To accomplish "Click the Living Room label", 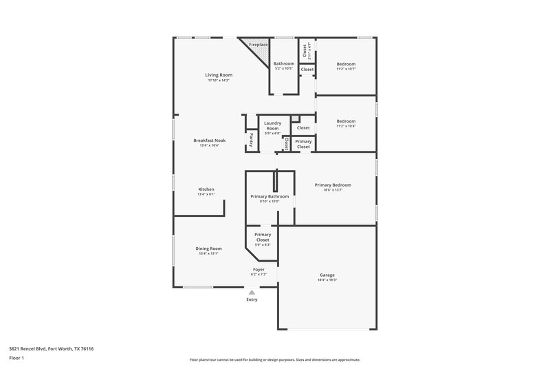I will (x=219, y=75).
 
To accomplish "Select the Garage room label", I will (x=327, y=275).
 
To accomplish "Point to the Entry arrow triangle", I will (x=252, y=293).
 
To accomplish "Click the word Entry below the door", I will (x=252, y=300).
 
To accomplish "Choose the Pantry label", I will (x=251, y=140).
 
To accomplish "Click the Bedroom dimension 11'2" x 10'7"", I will (x=346, y=69).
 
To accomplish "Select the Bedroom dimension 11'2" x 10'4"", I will (x=346, y=126).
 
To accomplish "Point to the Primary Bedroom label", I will (x=333, y=185).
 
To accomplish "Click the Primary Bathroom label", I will (x=269, y=196).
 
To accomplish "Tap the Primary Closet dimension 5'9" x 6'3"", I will (x=263, y=244).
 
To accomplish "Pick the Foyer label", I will (x=258, y=269).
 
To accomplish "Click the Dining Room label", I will (x=208, y=248).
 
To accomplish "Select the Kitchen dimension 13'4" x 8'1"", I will (x=207, y=194).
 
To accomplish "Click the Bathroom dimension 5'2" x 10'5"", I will (x=284, y=69).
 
